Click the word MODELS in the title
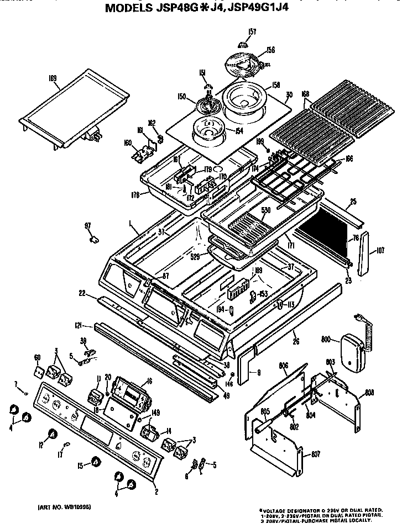pos(132,8)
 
